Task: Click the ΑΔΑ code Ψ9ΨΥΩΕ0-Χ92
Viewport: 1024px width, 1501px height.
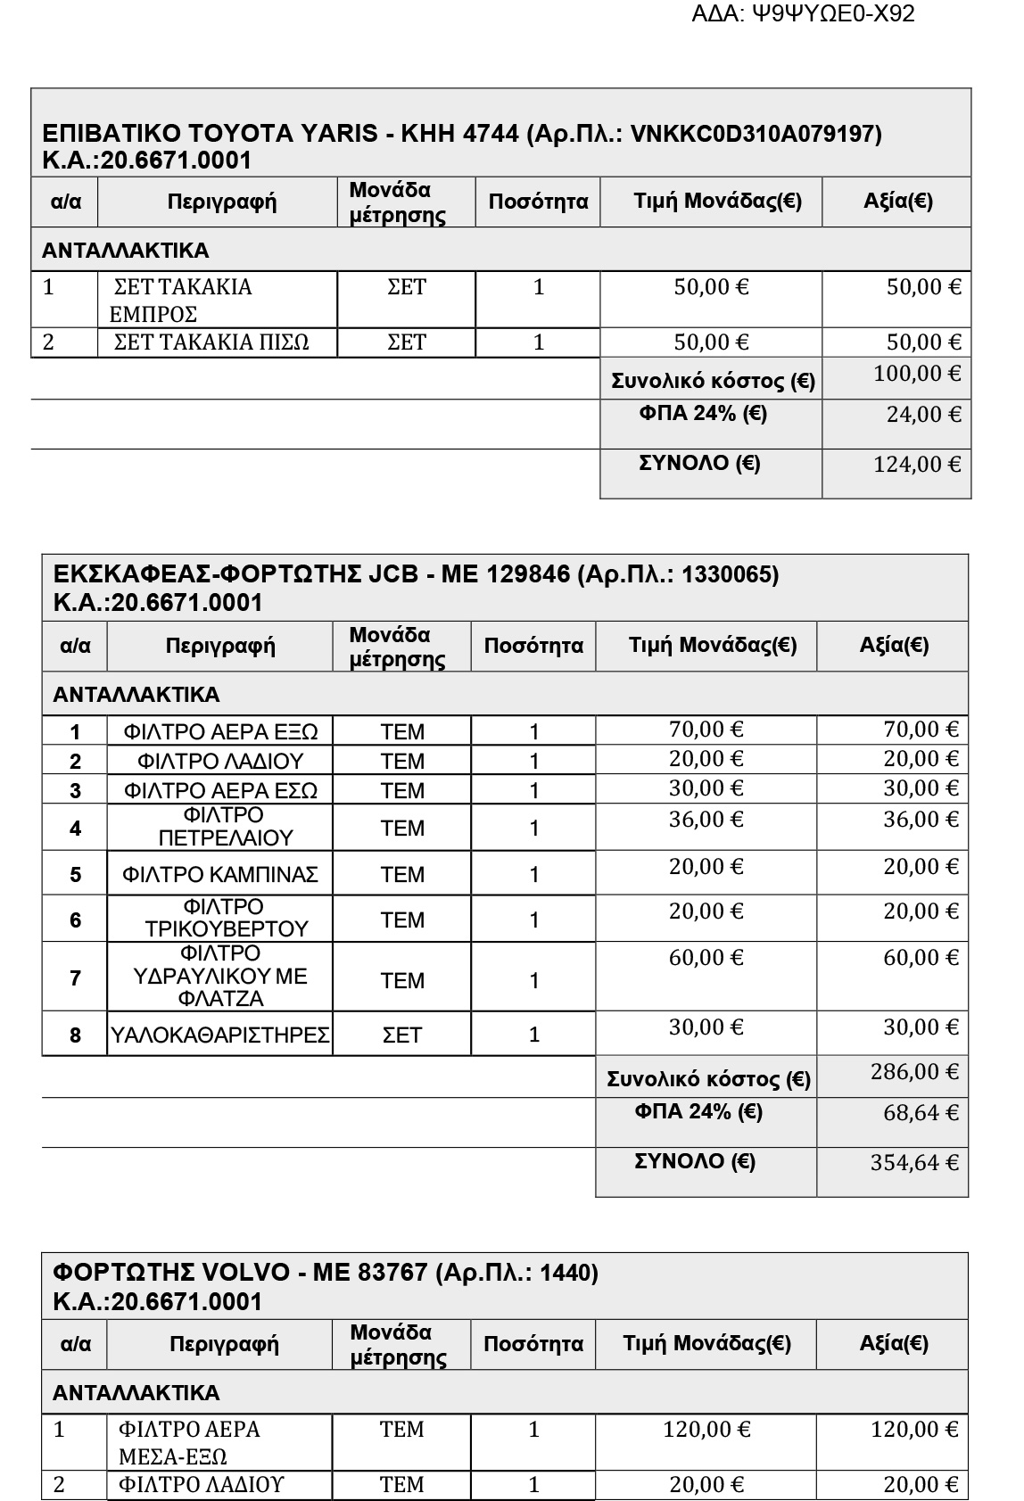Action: tap(803, 14)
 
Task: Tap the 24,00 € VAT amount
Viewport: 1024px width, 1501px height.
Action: tap(923, 415)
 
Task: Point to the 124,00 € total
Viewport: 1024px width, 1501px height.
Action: tap(918, 465)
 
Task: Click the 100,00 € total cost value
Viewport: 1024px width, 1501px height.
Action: tap(917, 374)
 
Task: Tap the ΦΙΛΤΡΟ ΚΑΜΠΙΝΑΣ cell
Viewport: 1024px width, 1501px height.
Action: tap(220, 875)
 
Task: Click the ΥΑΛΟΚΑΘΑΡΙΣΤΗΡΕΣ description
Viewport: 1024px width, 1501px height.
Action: tap(220, 1035)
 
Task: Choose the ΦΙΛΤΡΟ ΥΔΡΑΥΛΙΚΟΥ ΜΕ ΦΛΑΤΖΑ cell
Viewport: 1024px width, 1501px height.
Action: tap(220, 977)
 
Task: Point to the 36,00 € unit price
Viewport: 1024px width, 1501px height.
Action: tap(706, 820)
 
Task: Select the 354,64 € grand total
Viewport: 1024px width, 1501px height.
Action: tap(914, 1163)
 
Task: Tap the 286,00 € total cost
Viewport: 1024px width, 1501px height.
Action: tap(914, 1072)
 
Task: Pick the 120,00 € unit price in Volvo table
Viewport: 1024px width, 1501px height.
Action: tap(706, 1430)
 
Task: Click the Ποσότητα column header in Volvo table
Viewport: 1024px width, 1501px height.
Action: tap(533, 1344)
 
